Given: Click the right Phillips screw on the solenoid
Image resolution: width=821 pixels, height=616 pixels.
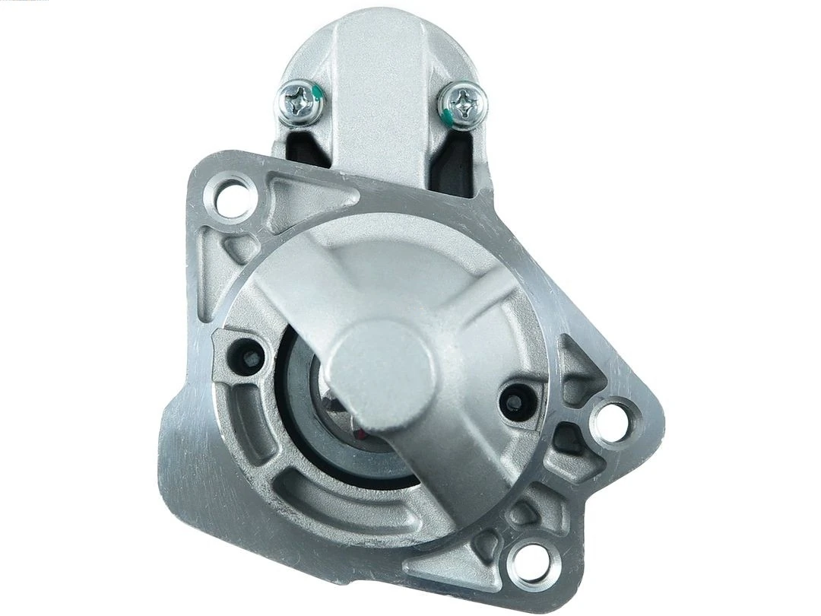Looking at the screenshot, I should [462, 99].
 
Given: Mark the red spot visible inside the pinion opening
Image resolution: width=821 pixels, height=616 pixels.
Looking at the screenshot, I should [360, 434].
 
